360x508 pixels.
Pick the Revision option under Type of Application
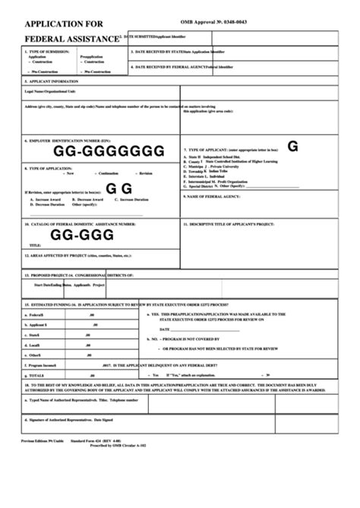[145, 174]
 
